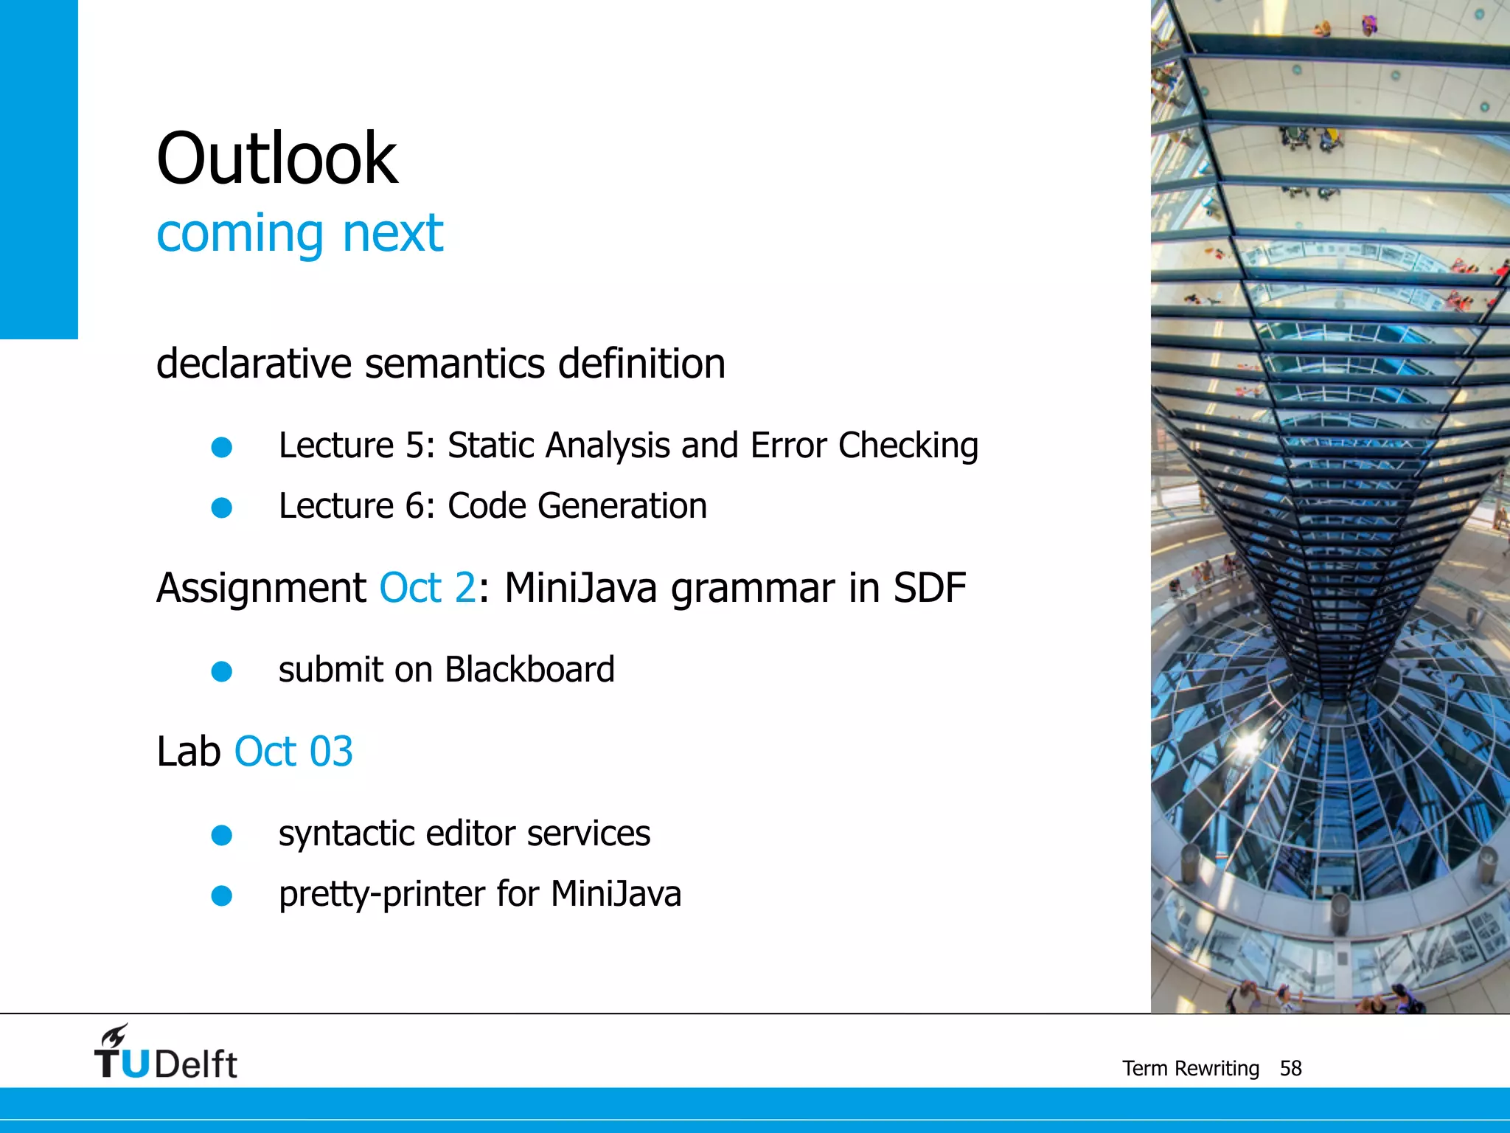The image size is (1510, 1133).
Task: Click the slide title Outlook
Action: click(276, 159)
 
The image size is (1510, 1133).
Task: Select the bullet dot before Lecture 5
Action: click(222, 447)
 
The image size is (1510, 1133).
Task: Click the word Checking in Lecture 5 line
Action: click(908, 446)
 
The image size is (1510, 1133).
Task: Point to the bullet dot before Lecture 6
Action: click(222, 507)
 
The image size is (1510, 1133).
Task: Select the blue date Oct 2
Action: click(428, 589)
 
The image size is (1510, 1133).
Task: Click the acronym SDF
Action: click(929, 589)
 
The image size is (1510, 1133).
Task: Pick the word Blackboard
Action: click(529, 670)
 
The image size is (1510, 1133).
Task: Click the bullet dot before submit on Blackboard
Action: click(222, 671)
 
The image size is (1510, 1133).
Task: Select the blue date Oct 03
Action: click(293, 752)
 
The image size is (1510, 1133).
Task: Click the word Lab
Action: click(189, 752)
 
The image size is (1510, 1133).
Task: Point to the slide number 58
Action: click(1290, 1068)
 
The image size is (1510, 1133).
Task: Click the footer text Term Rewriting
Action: click(1190, 1068)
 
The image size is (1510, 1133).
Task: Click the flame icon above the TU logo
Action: click(115, 1035)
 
